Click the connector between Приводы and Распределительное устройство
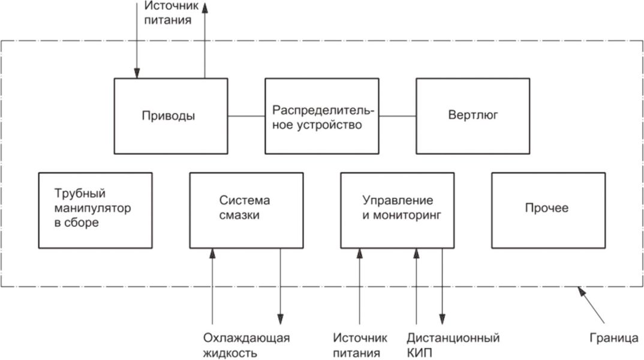(x=246, y=116)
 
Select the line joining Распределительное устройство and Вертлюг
(x=398, y=116)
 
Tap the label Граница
(x=614, y=338)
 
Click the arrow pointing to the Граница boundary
(x=591, y=305)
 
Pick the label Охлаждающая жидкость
(x=246, y=345)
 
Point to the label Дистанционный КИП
(x=453, y=345)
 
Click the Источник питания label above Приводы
(x=171, y=13)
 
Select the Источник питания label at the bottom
(x=360, y=345)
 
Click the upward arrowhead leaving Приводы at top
(x=204, y=7)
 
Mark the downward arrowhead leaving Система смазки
(x=280, y=319)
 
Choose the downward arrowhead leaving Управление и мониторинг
(x=442, y=319)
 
